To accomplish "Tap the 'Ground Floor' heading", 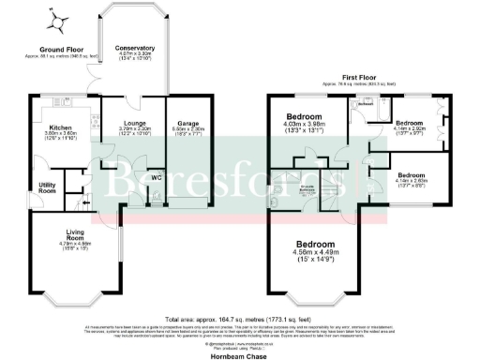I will click(57, 49).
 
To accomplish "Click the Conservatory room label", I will click(135, 48).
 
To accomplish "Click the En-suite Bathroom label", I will click(306, 189).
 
